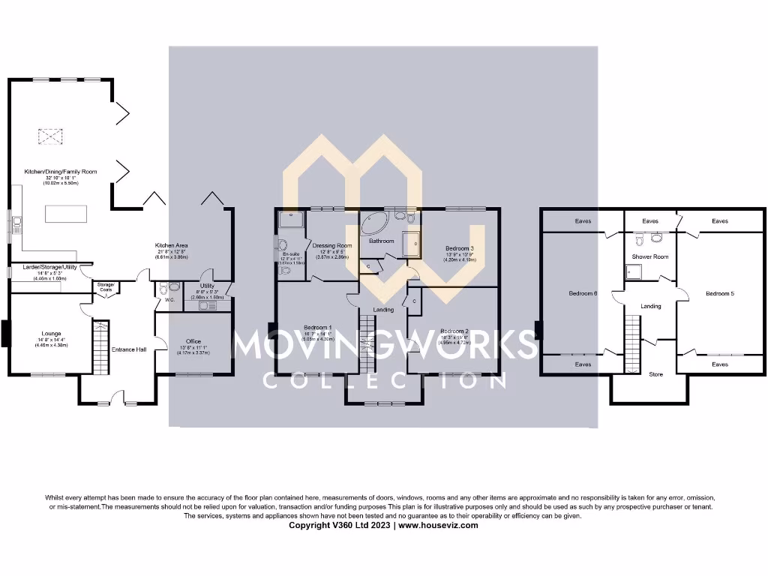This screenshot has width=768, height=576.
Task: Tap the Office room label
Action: coord(193,341)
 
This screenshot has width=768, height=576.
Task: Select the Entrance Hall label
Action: coord(129,349)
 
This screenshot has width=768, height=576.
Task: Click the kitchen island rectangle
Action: coord(67,214)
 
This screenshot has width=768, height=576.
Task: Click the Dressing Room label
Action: coord(332,246)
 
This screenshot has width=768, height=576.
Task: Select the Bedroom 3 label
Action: coord(459,248)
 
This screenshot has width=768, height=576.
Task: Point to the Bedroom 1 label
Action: coord(318,328)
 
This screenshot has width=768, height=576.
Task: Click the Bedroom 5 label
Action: coord(719,293)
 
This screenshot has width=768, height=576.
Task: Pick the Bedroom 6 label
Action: coord(583,293)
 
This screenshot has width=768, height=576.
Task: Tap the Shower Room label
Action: coord(649,256)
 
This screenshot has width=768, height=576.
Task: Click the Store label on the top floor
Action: coord(655,373)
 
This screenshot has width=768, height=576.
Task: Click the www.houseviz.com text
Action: coord(437,525)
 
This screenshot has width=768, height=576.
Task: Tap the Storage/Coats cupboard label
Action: coord(106,286)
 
